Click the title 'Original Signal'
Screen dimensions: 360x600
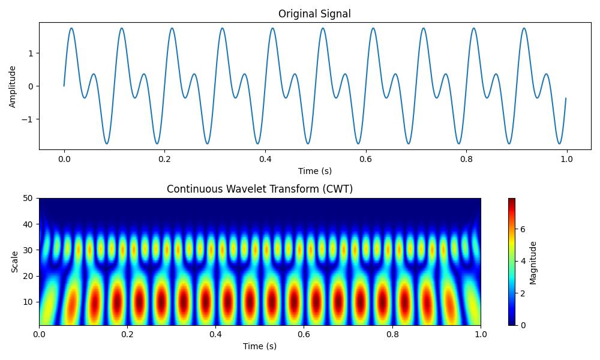point(315,14)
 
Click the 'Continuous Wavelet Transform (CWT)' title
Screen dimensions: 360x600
point(260,189)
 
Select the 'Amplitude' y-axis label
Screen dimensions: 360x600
point(13,86)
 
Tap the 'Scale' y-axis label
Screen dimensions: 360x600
point(15,262)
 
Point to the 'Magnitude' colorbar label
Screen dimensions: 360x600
point(533,262)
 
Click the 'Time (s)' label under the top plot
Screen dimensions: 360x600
point(315,171)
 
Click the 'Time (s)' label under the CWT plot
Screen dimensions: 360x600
point(260,346)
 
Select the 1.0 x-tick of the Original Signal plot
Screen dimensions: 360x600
point(566,159)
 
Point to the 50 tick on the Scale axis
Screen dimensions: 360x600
point(28,198)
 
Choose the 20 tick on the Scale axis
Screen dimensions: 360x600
point(28,275)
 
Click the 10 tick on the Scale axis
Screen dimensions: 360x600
point(28,302)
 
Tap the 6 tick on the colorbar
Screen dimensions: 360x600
point(522,229)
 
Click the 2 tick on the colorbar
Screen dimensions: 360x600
point(522,293)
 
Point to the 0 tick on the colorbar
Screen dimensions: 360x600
point(522,325)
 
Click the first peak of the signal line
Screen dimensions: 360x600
point(71,28)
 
